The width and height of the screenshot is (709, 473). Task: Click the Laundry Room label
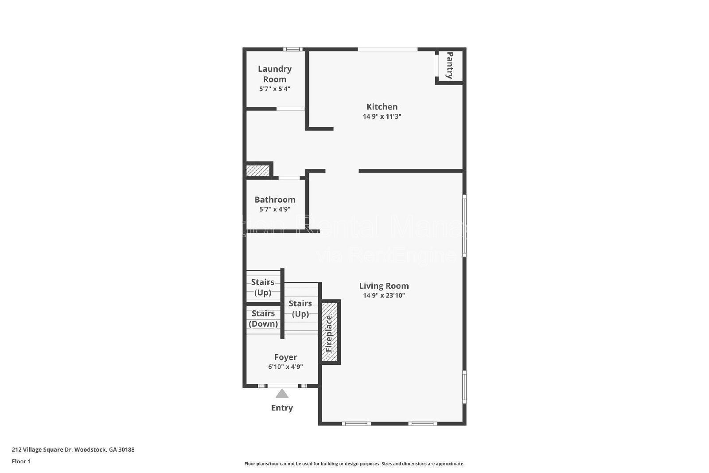pyautogui.click(x=275, y=74)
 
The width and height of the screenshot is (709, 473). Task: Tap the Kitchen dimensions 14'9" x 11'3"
pyautogui.click(x=382, y=117)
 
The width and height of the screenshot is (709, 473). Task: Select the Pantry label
pyautogui.click(x=450, y=65)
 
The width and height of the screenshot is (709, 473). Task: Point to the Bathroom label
pyautogui.click(x=275, y=199)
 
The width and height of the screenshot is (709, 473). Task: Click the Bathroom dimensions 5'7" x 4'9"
pyautogui.click(x=275, y=209)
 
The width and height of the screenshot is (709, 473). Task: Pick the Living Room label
pyautogui.click(x=384, y=286)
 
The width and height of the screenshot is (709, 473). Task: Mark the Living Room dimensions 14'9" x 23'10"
pyautogui.click(x=384, y=296)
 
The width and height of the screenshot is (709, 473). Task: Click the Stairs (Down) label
pyautogui.click(x=263, y=318)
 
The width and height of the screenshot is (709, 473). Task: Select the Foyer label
pyautogui.click(x=285, y=357)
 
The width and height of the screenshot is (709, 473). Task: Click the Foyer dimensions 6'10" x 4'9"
pyautogui.click(x=285, y=367)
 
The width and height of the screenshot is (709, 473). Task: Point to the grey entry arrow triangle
pyautogui.click(x=282, y=394)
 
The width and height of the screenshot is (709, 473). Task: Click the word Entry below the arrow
pyautogui.click(x=282, y=408)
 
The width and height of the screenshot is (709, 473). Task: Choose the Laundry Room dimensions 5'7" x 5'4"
pyautogui.click(x=275, y=89)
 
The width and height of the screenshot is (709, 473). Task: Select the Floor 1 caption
pyautogui.click(x=21, y=461)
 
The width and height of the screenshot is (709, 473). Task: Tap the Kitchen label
pyautogui.click(x=382, y=106)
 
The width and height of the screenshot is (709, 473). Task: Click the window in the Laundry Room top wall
pyautogui.click(x=293, y=49)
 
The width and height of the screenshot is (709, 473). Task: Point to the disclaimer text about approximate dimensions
pyautogui.click(x=354, y=464)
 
